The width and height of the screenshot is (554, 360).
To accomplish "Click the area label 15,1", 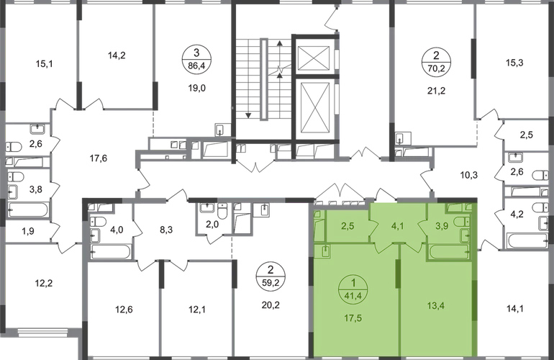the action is click(x=44, y=64).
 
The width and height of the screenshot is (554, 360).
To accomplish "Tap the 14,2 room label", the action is click(x=117, y=55).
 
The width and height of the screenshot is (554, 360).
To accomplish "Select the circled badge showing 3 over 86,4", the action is click(x=197, y=60).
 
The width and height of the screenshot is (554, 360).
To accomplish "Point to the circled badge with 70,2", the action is click(x=436, y=61).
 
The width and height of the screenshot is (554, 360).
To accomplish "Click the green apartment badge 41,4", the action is click(x=353, y=289).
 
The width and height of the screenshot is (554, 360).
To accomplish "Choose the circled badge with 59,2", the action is click(x=271, y=276).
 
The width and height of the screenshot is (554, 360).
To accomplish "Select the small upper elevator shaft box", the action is click(x=314, y=57).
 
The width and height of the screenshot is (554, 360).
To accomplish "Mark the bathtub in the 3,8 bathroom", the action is click(x=29, y=210).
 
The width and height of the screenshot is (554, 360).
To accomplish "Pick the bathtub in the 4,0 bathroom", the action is click(x=111, y=251).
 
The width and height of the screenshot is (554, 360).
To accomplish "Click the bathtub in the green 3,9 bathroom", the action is click(x=450, y=251).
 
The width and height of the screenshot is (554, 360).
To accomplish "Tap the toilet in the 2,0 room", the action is click(x=222, y=212).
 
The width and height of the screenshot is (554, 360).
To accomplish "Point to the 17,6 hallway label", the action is click(x=99, y=158).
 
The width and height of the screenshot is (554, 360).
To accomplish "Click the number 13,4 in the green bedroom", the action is click(x=435, y=305).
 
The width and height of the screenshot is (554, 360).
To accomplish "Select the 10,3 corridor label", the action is click(x=469, y=175).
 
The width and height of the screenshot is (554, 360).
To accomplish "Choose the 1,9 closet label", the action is click(x=28, y=231).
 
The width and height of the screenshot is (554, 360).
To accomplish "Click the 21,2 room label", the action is click(x=436, y=91).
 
